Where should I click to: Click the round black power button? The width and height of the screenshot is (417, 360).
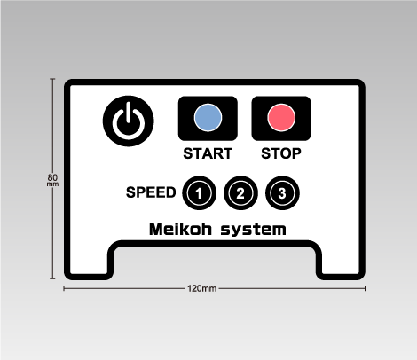pos(129,121)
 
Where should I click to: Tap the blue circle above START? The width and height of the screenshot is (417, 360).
pos(208,117)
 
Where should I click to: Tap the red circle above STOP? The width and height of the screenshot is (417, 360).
pos(281,117)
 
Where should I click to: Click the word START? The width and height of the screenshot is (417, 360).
pos(208,153)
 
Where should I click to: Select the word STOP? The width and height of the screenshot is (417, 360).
pos(281,153)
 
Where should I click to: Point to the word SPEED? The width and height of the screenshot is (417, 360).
pos(151,192)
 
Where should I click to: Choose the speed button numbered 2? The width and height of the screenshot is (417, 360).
pos(240,193)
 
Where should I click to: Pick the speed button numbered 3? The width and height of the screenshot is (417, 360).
pos(282,193)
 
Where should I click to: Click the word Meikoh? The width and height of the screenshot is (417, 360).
pos(180,229)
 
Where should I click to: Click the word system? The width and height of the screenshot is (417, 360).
pos(254,230)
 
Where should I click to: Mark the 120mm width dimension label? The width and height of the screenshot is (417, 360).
pos(201,288)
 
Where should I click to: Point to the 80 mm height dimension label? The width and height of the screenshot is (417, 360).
pos(52,180)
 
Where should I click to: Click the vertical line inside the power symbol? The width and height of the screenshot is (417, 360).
pos(129,113)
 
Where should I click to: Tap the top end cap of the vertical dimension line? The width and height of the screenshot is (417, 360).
pos(52,79)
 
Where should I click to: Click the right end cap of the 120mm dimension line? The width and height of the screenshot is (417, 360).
pos(366,288)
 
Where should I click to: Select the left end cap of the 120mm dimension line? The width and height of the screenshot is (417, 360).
pos(64,288)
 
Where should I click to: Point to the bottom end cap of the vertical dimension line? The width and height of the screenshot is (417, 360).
pos(52,278)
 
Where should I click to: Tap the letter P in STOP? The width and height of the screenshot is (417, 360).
pos(296,153)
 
